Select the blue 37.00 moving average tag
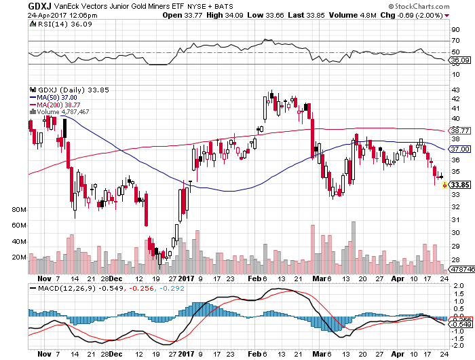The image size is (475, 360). (460, 149)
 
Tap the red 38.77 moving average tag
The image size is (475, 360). (460, 130)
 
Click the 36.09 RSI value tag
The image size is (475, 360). (460, 60)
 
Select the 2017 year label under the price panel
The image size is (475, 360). (194, 278)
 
